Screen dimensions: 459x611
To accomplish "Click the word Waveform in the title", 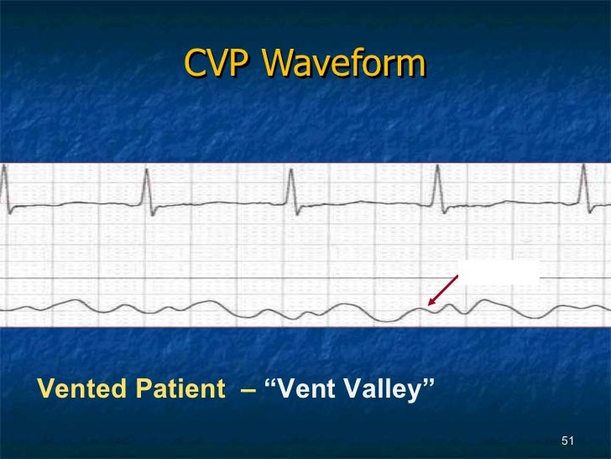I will tap(344, 64).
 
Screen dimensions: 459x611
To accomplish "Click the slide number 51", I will tap(567, 442).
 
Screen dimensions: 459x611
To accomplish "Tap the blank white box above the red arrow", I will tap(499, 271).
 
